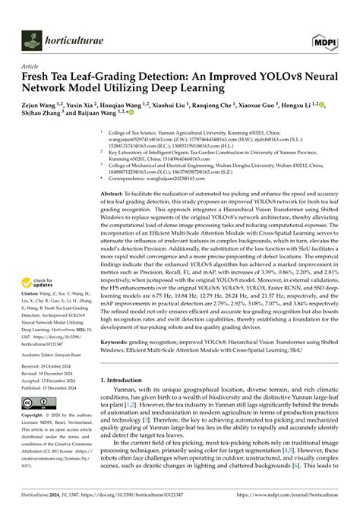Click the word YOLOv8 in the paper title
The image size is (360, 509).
click(248, 77)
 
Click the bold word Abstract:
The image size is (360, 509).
click(113, 195)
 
